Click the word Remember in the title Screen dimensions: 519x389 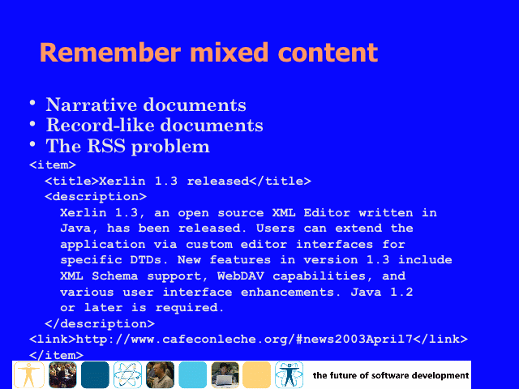[110, 52]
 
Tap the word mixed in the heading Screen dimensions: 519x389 [229, 52]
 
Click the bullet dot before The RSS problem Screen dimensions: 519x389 [32, 143]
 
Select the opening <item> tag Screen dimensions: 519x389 [53, 165]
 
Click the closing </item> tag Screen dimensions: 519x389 [56, 355]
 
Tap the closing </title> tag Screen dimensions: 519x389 [280, 181]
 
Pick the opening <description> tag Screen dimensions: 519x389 [96, 196]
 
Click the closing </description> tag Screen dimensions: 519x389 [100, 323]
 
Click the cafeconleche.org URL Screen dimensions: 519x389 [245, 340]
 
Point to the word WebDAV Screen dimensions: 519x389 [240, 276]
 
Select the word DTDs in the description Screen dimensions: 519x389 [146, 259]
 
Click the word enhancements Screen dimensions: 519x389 [287, 292]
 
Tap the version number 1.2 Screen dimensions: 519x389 [401, 292]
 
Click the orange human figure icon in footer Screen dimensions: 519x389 [29, 374]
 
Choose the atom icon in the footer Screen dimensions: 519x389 [127, 374]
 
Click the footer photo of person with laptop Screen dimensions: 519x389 [225, 374]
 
